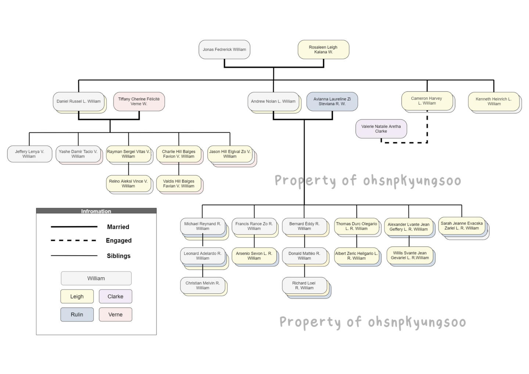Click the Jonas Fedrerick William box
point(224,49)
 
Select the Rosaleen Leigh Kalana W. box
point(323,49)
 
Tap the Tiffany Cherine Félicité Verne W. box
point(139,101)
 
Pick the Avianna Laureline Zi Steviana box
point(332,101)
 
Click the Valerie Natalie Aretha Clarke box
point(381,129)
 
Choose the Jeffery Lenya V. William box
point(29,154)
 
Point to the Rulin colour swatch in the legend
point(77,314)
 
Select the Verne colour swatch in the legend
point(115,314)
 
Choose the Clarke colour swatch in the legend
point(115,296)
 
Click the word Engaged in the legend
point(119,240)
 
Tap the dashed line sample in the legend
point(74,240)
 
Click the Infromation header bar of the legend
point(96,211)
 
